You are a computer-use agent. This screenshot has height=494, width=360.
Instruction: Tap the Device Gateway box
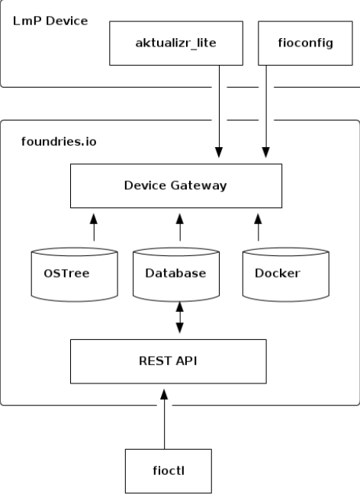tap(175, 186)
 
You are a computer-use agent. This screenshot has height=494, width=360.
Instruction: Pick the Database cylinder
tap(180, 273)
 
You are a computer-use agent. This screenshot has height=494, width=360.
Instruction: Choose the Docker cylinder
tap(276, 273)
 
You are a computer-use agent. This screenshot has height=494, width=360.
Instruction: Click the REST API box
tap(169, 361)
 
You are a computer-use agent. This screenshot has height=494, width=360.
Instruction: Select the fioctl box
tap(164, 472)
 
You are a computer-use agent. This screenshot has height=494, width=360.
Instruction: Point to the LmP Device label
tap(49, 21)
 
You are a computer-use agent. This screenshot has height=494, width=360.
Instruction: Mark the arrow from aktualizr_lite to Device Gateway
tap(220, 114)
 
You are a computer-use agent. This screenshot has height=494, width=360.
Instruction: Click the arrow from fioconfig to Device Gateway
tap(266, 114)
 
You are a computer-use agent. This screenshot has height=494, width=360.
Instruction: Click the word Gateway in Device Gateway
tap(201, 186)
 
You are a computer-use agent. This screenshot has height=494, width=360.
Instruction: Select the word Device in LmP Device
tap(66, 21)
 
